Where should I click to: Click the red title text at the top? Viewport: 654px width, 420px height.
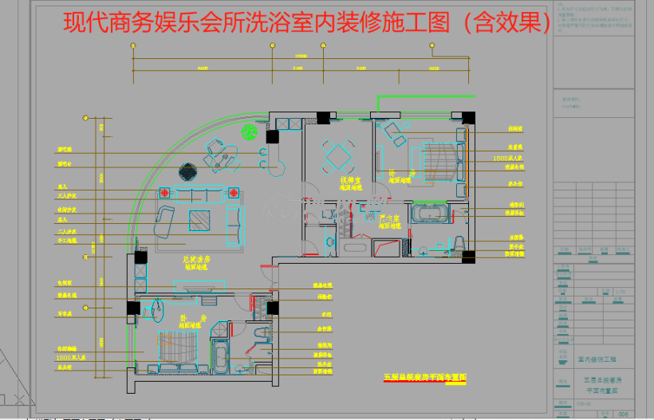point(307,23)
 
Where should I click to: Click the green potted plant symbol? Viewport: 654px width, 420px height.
point(249,131)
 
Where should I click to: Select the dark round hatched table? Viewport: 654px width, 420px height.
point(187,171)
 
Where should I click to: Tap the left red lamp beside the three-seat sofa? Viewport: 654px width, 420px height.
point(165,192)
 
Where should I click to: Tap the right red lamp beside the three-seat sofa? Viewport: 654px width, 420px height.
point(234,192)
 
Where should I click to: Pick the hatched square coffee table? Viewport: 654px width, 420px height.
point(200,218)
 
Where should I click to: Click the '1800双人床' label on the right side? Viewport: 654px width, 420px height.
point(508,159)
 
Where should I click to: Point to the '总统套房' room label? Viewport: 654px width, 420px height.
point(195,259)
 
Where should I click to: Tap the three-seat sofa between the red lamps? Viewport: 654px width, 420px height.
point(199,194)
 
